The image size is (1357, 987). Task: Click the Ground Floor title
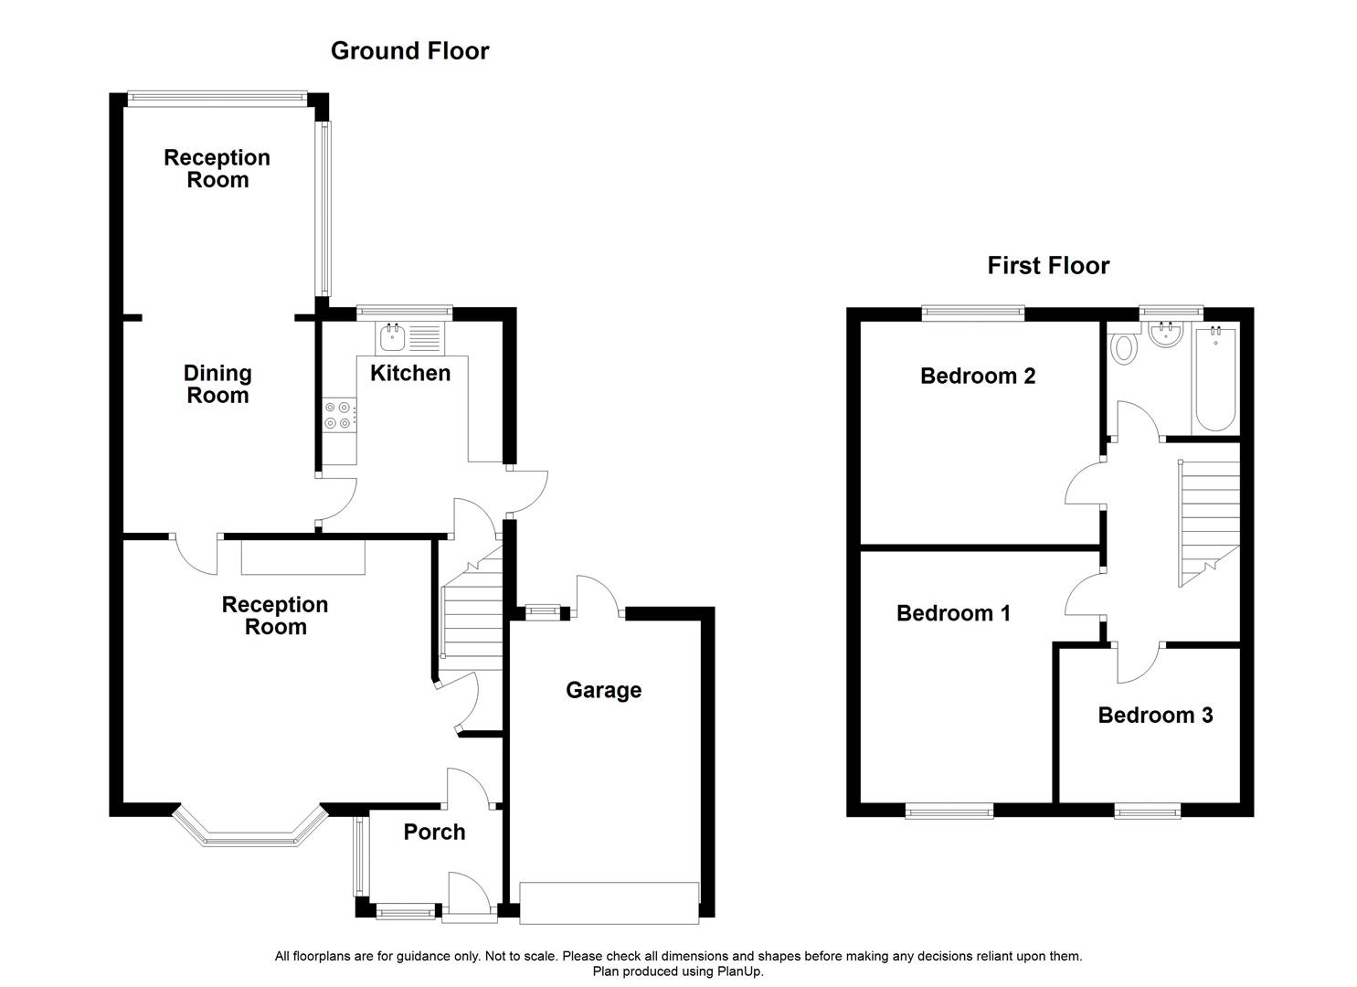[409, 51]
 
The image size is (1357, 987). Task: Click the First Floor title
[1048, 266]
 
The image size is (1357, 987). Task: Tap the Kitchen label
[410, 373]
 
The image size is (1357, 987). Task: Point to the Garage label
[603, 690]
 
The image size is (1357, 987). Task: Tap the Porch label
[434, 832]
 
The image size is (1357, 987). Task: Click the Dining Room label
[217, 384]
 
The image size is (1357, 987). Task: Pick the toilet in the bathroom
[1123, 349]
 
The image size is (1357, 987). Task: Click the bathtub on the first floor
[1215, 379]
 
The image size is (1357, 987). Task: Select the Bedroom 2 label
[977, 376]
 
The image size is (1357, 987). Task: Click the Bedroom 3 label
[1155, 715]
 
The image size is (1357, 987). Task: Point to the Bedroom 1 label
[953, 613]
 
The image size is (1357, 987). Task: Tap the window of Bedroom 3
[1147, 810]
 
